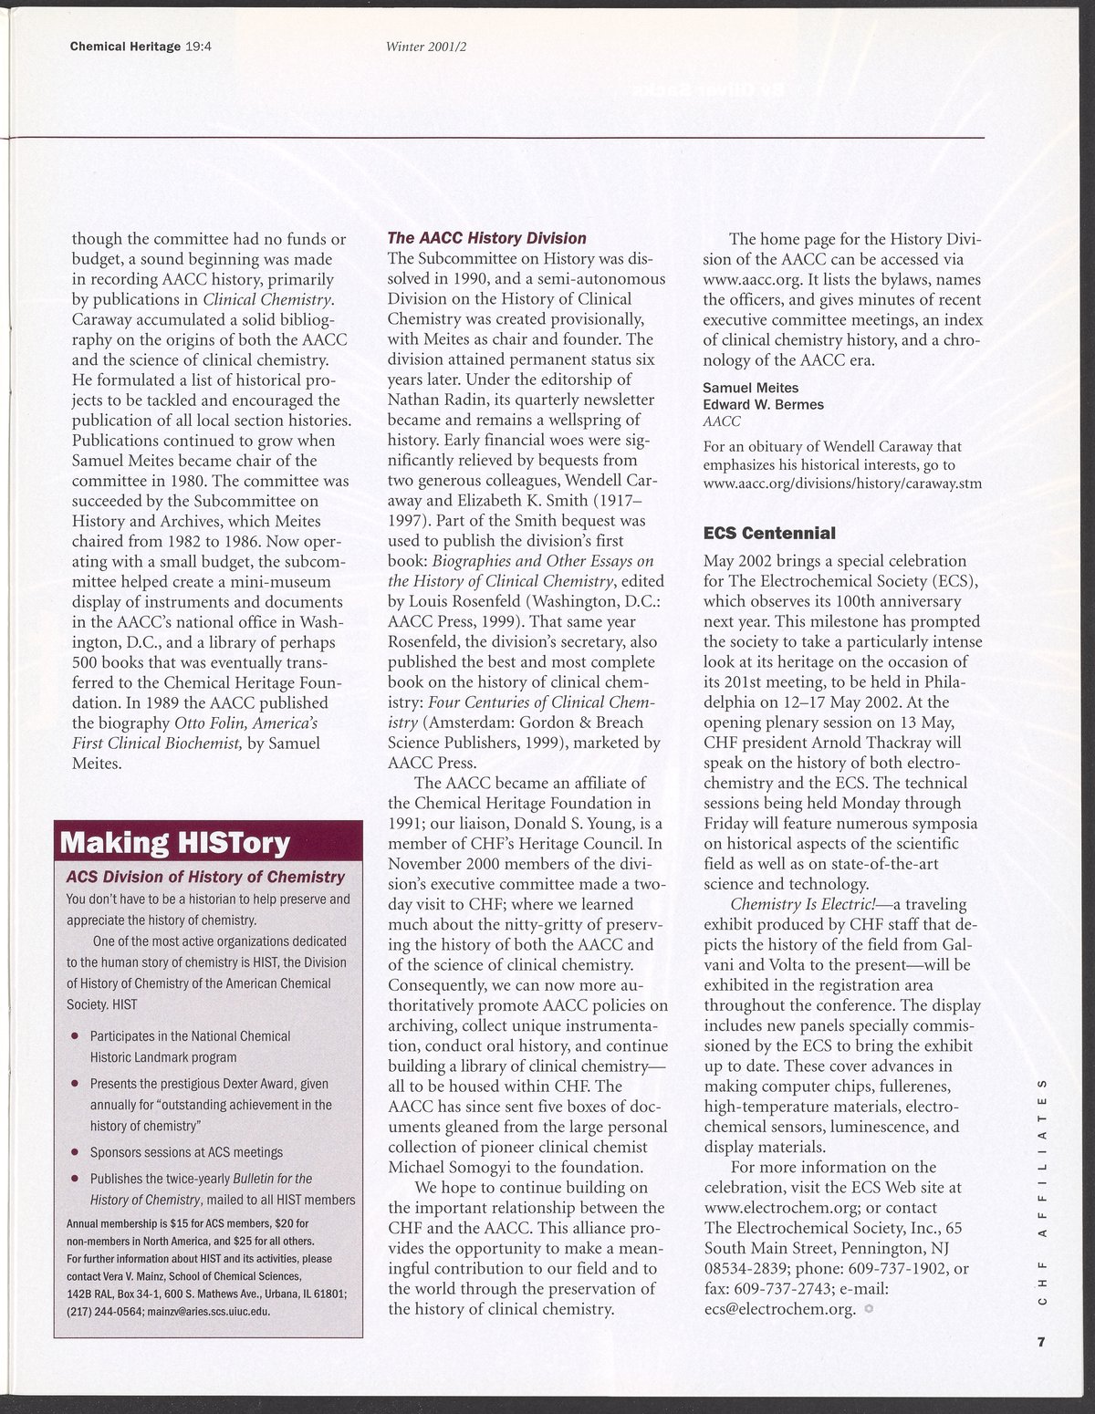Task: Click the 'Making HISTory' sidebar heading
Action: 175,842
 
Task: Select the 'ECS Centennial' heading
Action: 770,532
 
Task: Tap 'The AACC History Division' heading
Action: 487,238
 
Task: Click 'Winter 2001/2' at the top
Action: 433,49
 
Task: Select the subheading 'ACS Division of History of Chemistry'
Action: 205,878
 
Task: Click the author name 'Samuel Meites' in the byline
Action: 750,388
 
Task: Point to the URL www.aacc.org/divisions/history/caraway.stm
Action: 842,483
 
